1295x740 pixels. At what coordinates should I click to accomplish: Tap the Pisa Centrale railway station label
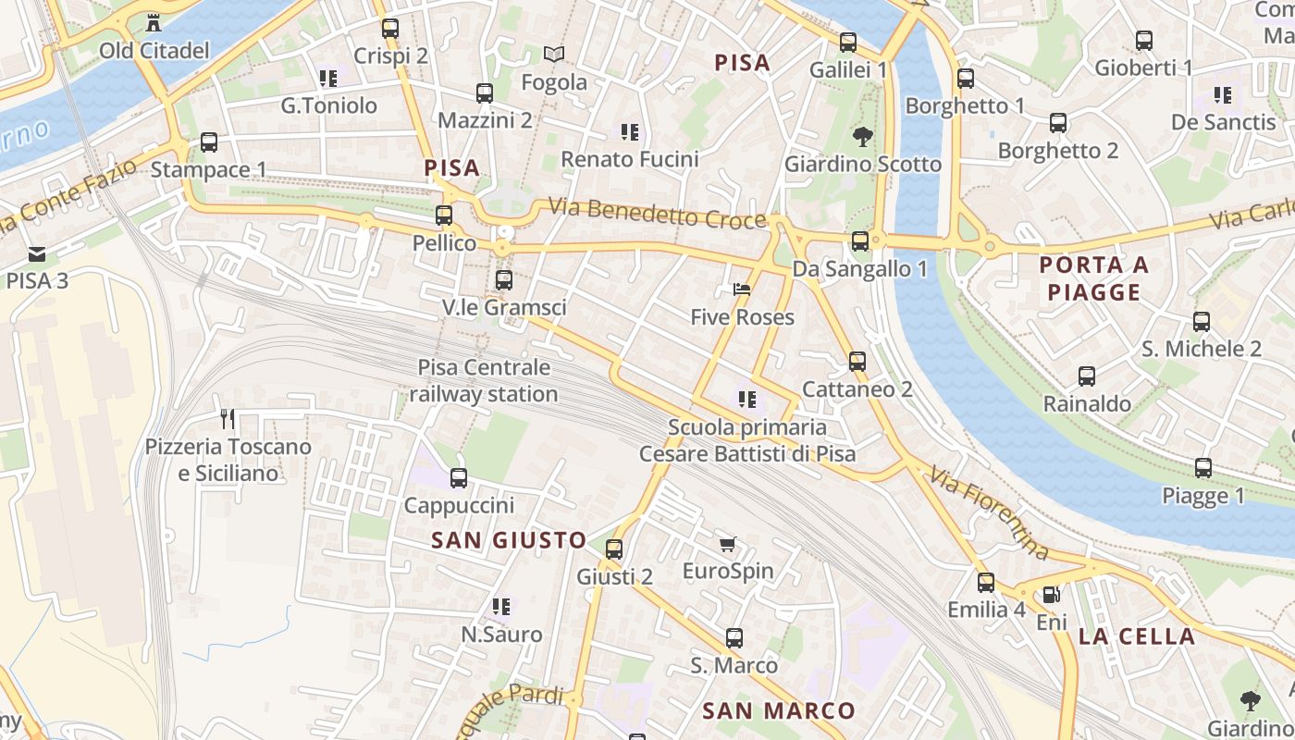484,380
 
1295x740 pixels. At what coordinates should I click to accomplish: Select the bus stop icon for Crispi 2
390,29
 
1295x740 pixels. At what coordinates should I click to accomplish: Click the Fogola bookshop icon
554,55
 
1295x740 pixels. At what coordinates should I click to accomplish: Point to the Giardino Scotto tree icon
862,137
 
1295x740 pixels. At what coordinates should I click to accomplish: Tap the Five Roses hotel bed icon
742,290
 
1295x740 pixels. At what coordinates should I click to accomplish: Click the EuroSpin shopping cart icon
728,544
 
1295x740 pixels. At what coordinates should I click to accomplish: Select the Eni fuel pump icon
1051,595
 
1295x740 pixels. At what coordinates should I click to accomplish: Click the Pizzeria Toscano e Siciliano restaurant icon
228,419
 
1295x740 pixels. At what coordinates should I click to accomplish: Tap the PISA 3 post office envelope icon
37,253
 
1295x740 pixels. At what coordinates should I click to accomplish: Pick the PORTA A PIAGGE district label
1094,278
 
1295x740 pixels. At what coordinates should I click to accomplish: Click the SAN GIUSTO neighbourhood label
509,540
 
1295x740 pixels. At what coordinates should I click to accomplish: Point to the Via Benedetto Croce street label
657,213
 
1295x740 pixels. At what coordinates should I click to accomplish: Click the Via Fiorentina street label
991,514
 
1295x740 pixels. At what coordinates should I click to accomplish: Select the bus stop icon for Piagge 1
1203,468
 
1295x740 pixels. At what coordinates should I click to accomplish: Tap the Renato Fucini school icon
630,132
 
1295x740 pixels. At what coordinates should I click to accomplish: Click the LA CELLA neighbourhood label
1137,636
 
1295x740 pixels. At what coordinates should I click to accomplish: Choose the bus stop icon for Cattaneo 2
857,362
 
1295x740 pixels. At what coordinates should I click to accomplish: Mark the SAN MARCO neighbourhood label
778,710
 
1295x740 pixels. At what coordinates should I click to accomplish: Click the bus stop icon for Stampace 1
209,142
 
